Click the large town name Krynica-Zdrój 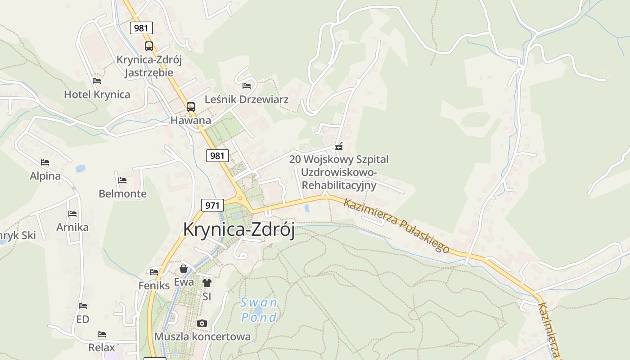click(238, 229)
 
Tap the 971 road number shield click(212, 206)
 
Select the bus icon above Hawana click(191, 107)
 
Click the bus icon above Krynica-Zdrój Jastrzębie click(149, 46)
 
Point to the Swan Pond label click(259, 310)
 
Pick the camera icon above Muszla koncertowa click(202, 323)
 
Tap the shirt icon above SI click(207, 283)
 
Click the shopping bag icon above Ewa click(184, 269)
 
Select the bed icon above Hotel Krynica click(97, 81)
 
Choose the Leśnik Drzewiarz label click(247, 99)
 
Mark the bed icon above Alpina click(45, 162)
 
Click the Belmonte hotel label click(122, 194)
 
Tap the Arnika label click(72, 227)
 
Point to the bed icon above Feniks click(154, 272)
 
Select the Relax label click(102, 347)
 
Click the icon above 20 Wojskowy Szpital click(339, 146)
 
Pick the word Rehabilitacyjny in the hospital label click(339, 185)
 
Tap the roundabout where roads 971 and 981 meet click(240, 198)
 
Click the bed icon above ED click(83, 306)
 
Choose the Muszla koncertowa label click(202, 337)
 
